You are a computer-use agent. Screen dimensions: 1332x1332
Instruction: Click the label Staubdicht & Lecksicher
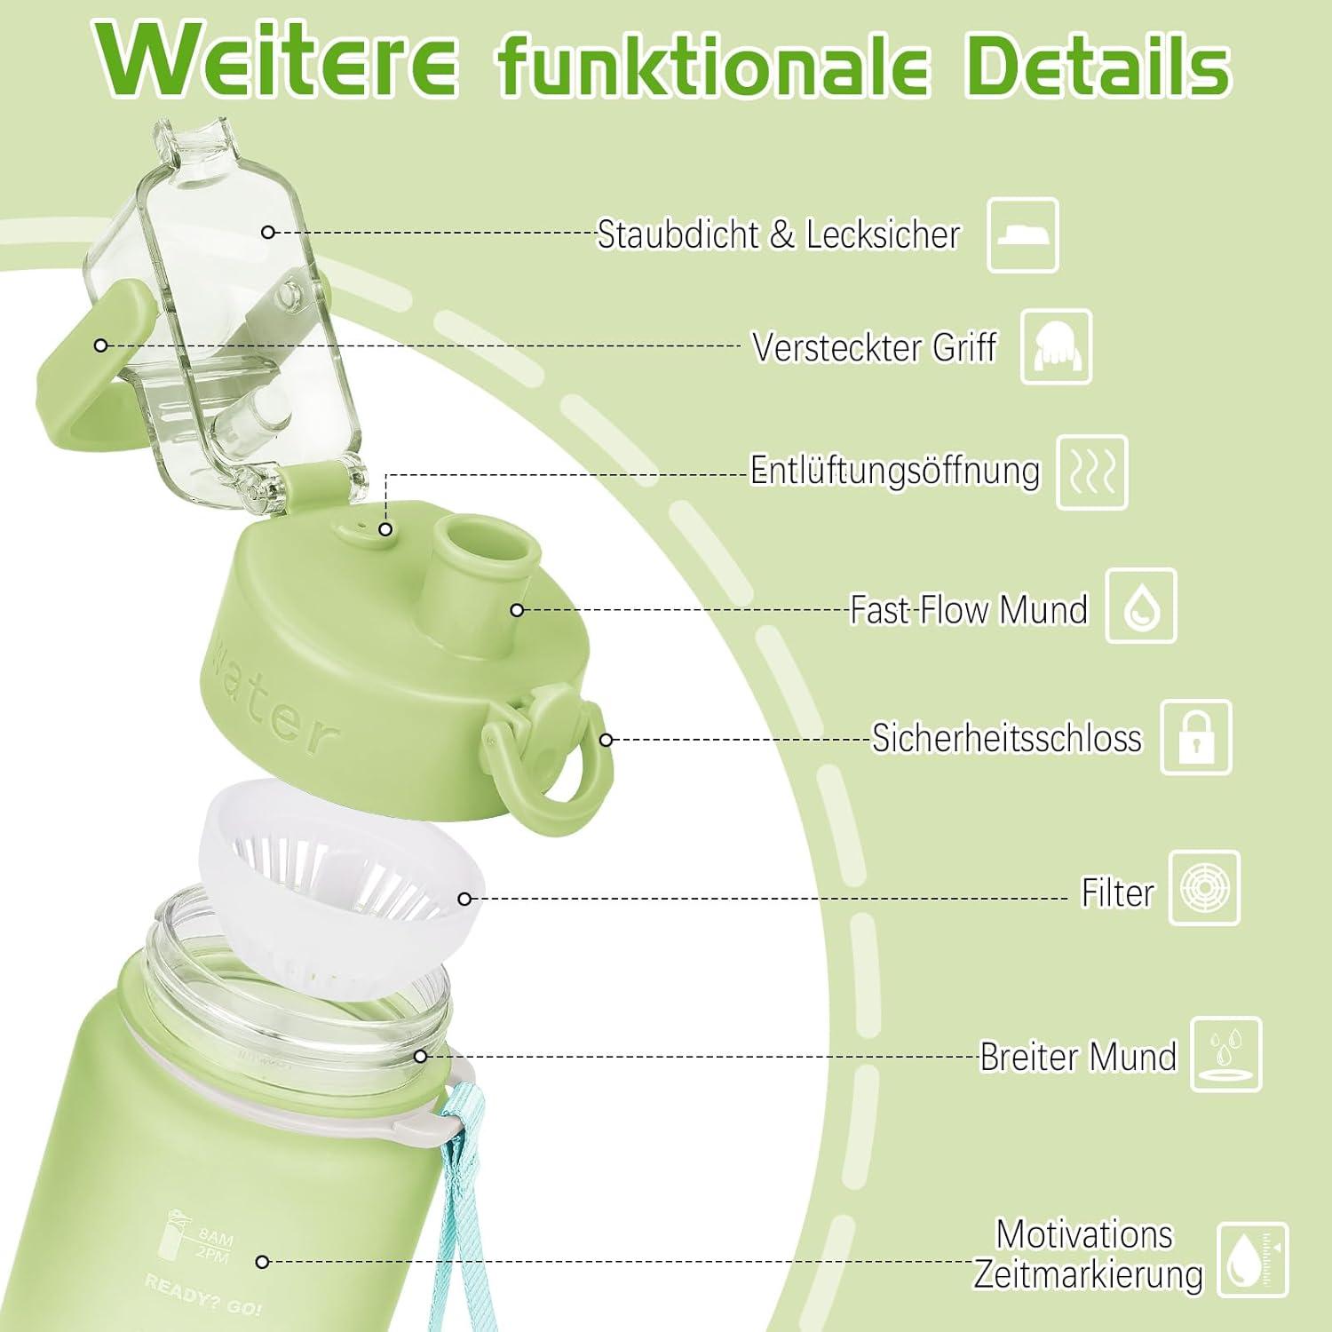point(778,234)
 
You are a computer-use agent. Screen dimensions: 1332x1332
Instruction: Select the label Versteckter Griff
point(874,347)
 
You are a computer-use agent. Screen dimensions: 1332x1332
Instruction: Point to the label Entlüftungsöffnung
point(894,471)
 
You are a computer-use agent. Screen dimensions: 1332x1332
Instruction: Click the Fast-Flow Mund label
point(968,610)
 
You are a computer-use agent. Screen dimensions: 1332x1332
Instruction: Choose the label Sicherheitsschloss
point(1006,738)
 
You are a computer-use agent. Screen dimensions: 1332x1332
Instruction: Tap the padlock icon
point(1196,738)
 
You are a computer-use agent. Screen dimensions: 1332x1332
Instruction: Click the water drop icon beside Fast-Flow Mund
point(1141,607)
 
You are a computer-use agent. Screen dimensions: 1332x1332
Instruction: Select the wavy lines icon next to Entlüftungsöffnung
point(1092,472)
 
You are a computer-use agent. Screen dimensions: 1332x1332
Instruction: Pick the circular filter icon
point(1204,888)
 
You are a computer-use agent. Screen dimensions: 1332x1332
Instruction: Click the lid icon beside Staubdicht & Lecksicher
point(1023,235)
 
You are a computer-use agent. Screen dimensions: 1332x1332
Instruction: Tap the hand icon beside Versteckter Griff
point(1056,347)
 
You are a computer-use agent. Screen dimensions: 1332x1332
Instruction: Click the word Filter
point(1116,892)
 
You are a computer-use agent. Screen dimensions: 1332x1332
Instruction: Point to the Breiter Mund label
point(1077,1057)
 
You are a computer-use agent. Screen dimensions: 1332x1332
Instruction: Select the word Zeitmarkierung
point(1088,1274)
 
